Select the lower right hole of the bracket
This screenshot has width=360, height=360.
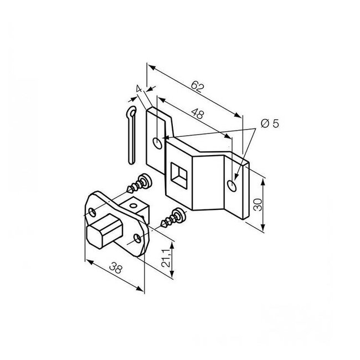coord(234,183)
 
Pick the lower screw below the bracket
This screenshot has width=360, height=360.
coord(172,218)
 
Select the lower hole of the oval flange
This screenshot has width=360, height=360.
coord(138,239)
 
